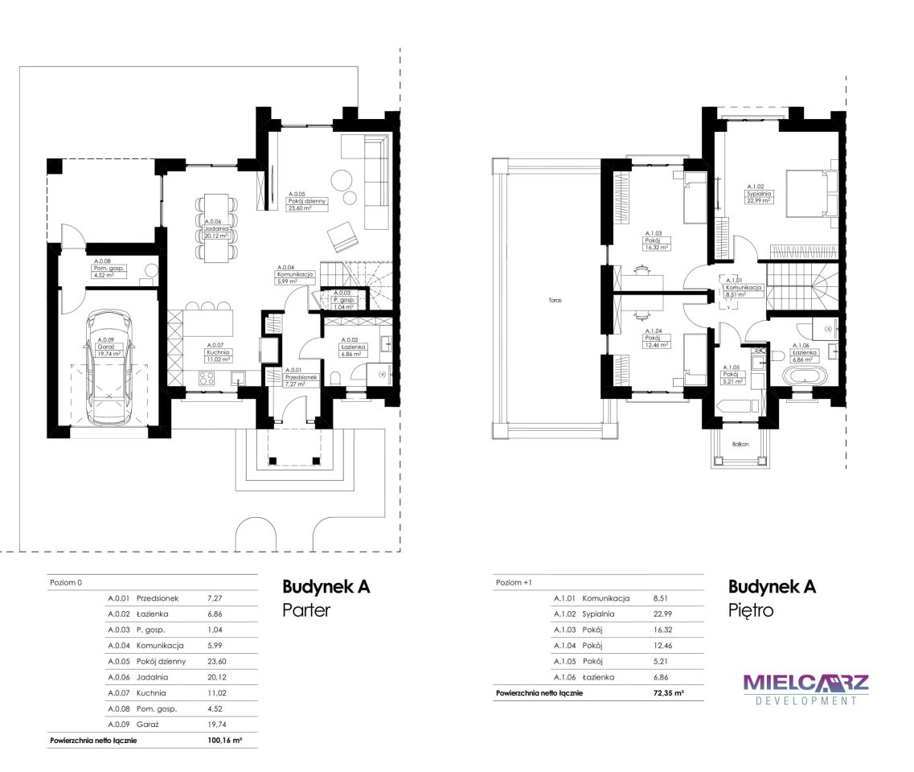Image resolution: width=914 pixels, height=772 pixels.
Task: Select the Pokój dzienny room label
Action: [307, 201]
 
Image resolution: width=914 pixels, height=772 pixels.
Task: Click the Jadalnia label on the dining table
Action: [216, 229]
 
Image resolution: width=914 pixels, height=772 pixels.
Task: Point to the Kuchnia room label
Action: [218, 352]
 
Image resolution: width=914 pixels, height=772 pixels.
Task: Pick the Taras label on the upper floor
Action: [555, 300]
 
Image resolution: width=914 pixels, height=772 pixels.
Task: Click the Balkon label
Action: [740, 445]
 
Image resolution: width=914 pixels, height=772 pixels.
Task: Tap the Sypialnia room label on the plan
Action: [759, 194]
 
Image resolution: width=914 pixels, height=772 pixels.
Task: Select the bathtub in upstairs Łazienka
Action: [805, 375]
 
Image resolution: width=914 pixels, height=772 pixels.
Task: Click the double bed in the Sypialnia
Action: [811, 194]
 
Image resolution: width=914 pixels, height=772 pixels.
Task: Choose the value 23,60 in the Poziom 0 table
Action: [217, 661]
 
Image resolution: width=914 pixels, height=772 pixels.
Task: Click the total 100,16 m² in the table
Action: [224, 740]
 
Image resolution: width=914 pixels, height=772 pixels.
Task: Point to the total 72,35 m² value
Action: [669, 692]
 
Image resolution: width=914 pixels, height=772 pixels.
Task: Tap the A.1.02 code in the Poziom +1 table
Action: [564, 614]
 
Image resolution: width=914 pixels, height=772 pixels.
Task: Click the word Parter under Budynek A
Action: [306, 610]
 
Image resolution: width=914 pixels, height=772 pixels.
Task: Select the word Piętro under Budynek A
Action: [751, 610]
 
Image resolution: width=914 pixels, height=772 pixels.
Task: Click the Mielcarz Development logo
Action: [806, 690]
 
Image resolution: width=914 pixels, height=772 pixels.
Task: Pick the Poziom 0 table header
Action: [66, 582]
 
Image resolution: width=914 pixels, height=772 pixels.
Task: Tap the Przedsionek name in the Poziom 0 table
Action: [158, 598]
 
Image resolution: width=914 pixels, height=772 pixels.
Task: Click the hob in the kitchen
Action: [207, 378]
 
